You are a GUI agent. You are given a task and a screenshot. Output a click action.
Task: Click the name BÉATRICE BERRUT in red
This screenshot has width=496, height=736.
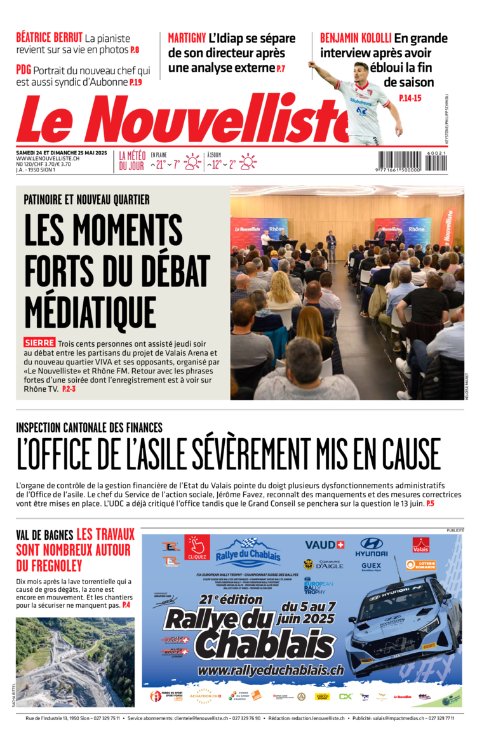click(48, 37)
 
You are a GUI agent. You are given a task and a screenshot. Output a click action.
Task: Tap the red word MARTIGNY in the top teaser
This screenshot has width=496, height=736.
click(187, 37)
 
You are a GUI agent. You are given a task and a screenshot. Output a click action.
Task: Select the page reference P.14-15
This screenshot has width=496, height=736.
click(410, 98)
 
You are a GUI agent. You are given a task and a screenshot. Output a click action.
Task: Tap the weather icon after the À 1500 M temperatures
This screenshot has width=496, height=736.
click(248, 162)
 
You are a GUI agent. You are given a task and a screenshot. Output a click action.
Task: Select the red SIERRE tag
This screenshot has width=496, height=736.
click(39, 342)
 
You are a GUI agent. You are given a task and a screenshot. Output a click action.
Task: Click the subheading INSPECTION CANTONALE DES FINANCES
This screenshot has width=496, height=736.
click(89, 428)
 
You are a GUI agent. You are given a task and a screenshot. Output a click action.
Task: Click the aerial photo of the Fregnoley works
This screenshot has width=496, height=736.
click(75, 662)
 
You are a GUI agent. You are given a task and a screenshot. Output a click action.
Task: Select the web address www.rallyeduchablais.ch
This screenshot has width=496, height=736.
click(271, 669)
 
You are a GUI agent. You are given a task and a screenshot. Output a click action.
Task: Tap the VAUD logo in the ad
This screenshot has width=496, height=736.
click(324, 545)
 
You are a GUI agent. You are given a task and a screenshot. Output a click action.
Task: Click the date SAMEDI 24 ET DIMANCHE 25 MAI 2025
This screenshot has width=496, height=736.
click(62, 152)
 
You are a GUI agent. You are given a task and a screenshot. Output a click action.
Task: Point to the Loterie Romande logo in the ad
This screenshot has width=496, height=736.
click(420, 565)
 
